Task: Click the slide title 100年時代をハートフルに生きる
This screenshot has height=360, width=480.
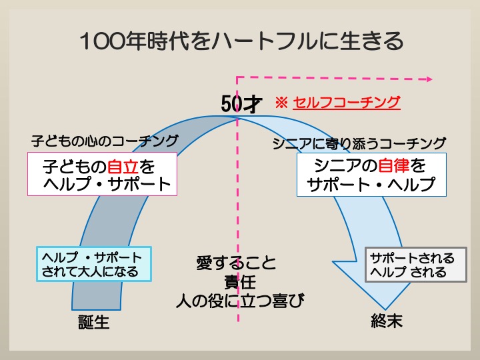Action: [241, 41]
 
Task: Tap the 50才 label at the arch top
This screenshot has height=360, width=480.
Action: [241, 104]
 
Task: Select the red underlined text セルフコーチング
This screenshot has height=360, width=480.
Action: [347, 103]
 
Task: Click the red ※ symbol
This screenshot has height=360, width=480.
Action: [281, 103]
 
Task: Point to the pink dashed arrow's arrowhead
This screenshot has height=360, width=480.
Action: [429, 79]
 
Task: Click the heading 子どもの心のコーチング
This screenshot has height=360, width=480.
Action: [105, 141]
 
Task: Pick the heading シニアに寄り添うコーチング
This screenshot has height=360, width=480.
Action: [359, 143]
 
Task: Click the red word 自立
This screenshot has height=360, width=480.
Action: [123, 167]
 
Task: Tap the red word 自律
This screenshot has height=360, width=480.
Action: [394, 165]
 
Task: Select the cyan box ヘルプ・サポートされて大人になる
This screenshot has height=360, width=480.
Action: [94, 264]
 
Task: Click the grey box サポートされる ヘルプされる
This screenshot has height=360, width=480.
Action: [416, 265]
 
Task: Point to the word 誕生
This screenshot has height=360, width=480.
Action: [94, 323]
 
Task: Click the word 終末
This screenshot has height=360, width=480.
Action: [387, 321]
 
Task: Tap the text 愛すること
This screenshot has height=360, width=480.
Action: [236, 263]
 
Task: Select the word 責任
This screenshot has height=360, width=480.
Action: [240, 282]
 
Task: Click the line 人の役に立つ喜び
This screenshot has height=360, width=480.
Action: [240, 301]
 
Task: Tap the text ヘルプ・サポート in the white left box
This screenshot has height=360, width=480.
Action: [107, 184]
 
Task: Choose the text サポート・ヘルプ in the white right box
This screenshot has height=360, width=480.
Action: [371, 184]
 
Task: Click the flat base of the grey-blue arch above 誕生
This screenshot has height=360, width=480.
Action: [97, 309]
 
